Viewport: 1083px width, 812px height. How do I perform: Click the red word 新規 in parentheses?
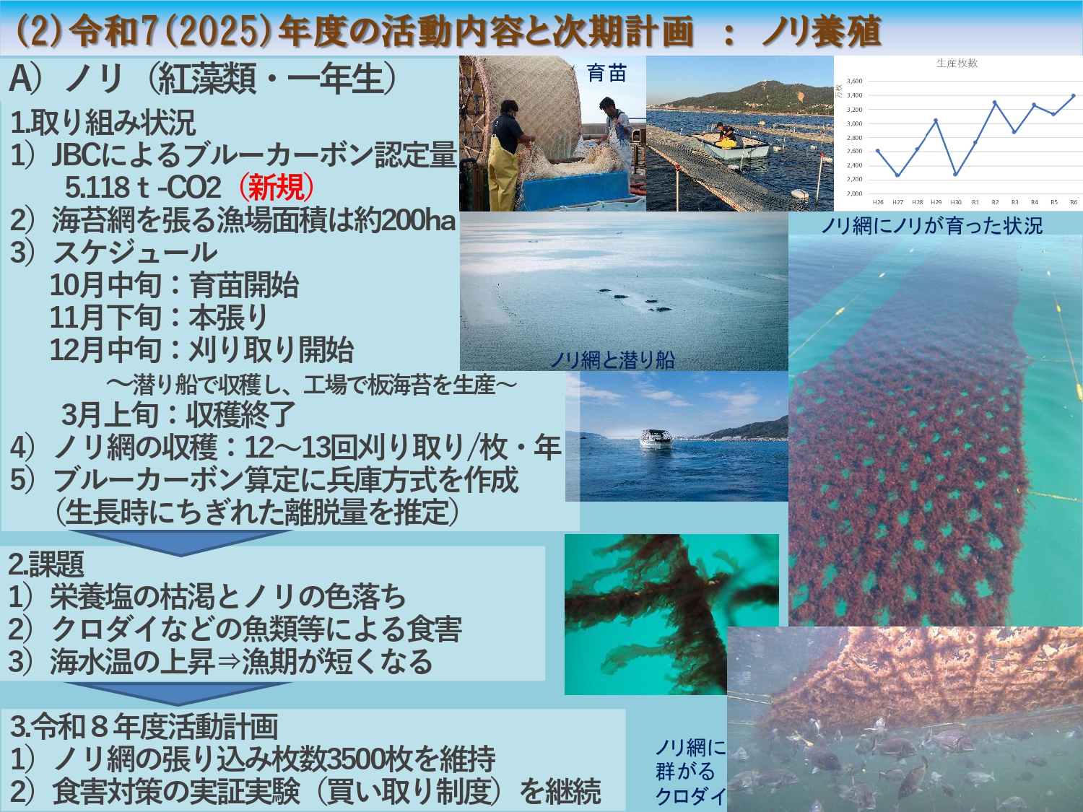pyautogui.click(x=277, y=188)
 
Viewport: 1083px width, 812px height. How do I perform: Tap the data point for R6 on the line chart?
pyautogui.click(x=1074, y=96)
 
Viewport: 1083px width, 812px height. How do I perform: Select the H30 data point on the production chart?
pyautogui.click(x=956, y=174)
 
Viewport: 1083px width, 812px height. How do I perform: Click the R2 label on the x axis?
pyautogui.click(x=995, y=202)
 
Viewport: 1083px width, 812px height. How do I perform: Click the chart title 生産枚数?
pyautogui.click(x=957, y=63)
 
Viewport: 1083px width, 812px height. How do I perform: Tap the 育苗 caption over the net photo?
pyautogui.click(x=606, y=74)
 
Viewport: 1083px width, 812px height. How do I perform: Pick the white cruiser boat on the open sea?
pyautogui.click(x=656, y=439)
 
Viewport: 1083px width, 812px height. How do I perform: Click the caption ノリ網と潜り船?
pyautogui.click(x=612, y=359)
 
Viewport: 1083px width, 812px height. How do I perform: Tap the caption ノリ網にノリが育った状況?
pyautogui.click(x=931, y=226)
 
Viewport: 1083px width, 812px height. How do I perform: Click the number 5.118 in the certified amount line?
pyautogui.click(x=97, y=188)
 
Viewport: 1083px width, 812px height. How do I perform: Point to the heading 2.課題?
pyautogui.click(x=46, y=564)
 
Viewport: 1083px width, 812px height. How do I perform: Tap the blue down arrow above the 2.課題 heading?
pyautogui.click(x=180, y=542)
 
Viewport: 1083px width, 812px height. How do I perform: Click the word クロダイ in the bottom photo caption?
pyautogui.click(x=691, y=795)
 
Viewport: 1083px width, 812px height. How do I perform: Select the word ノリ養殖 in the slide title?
pyautogui.click(x=821, y=32)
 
